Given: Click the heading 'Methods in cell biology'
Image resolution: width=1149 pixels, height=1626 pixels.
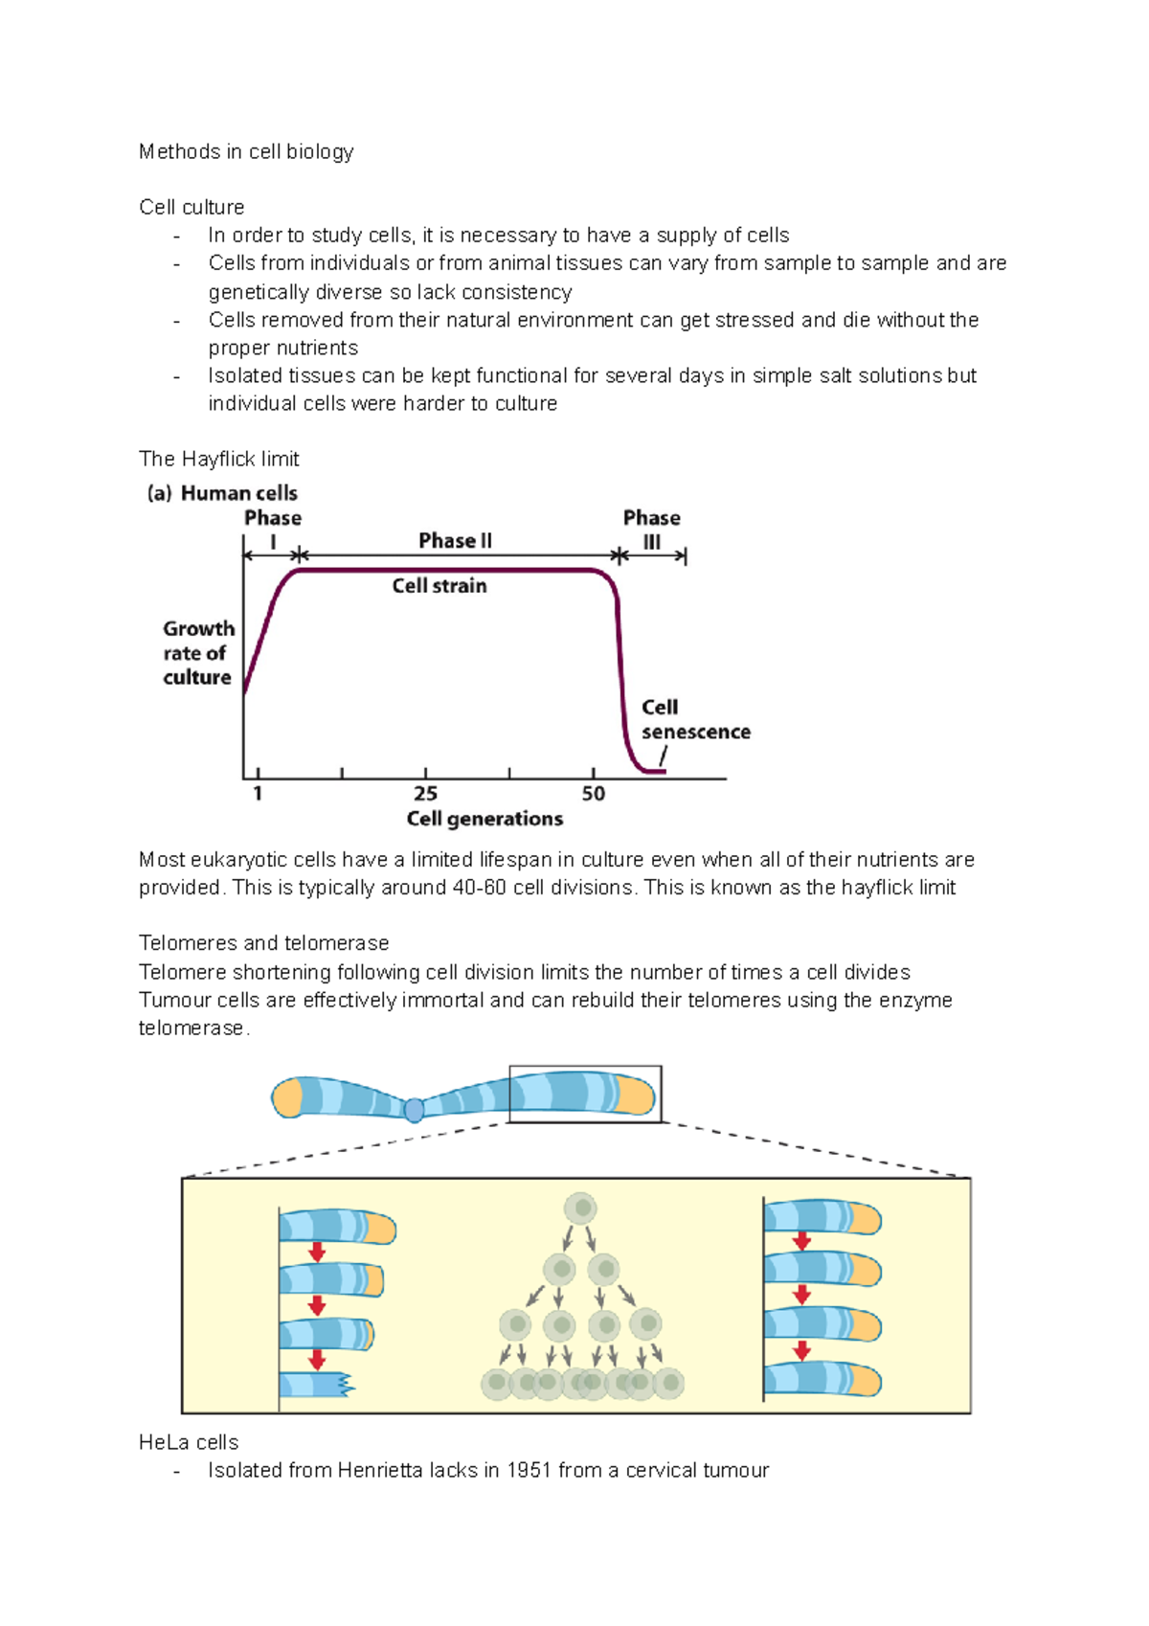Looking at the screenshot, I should point(246,151).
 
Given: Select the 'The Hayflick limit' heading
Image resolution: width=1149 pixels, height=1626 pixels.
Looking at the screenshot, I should point(218,459).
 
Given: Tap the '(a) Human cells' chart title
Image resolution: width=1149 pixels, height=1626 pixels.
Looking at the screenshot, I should point(222,493).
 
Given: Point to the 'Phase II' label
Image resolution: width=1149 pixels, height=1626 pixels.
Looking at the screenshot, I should point(455,541).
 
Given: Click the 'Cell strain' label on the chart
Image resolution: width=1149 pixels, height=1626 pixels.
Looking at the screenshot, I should point(439,586).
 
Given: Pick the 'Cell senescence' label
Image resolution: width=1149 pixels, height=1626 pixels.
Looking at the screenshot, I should point(694,719).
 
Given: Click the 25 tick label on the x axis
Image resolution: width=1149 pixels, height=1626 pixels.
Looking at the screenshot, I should point(425,794).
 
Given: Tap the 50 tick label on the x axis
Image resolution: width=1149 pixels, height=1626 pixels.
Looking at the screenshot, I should point(594,794).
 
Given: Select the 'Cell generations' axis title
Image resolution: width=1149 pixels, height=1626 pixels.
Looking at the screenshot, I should point(484,819).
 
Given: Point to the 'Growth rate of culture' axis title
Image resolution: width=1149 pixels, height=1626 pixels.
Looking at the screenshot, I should point(198,653).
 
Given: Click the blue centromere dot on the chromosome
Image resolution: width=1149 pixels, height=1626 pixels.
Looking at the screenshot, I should point(414,1110).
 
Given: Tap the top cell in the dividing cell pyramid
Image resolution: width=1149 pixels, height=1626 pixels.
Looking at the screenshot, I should point(580,1208).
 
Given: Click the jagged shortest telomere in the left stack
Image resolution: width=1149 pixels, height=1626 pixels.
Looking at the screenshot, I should point(316,1385).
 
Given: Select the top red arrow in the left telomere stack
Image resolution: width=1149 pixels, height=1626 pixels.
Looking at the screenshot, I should point(317,1253).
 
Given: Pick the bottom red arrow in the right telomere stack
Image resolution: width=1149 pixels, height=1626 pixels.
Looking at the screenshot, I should point(802,1350).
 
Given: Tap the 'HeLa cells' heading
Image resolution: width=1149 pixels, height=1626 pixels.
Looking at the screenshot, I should point(189,1442).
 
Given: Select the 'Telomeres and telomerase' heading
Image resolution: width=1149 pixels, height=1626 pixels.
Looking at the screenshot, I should point(263,943).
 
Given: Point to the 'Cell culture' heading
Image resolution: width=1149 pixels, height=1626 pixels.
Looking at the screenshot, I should point(191,207).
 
